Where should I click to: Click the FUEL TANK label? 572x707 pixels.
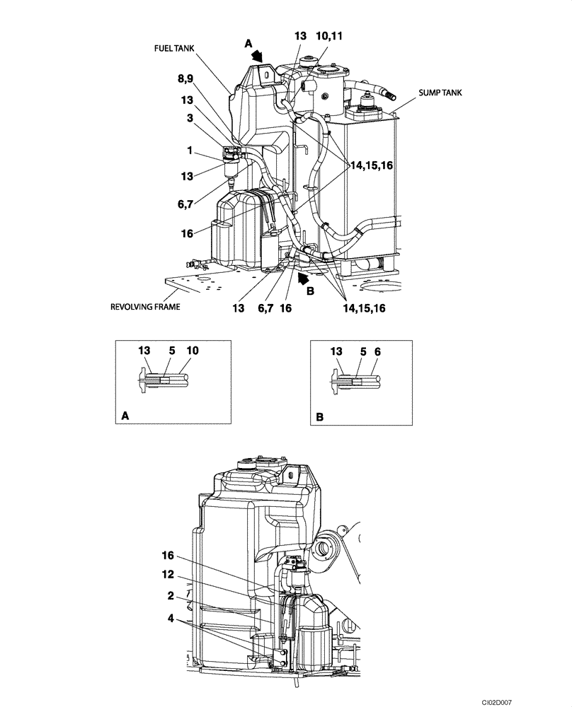173,48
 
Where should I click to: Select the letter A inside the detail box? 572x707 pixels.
125,418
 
